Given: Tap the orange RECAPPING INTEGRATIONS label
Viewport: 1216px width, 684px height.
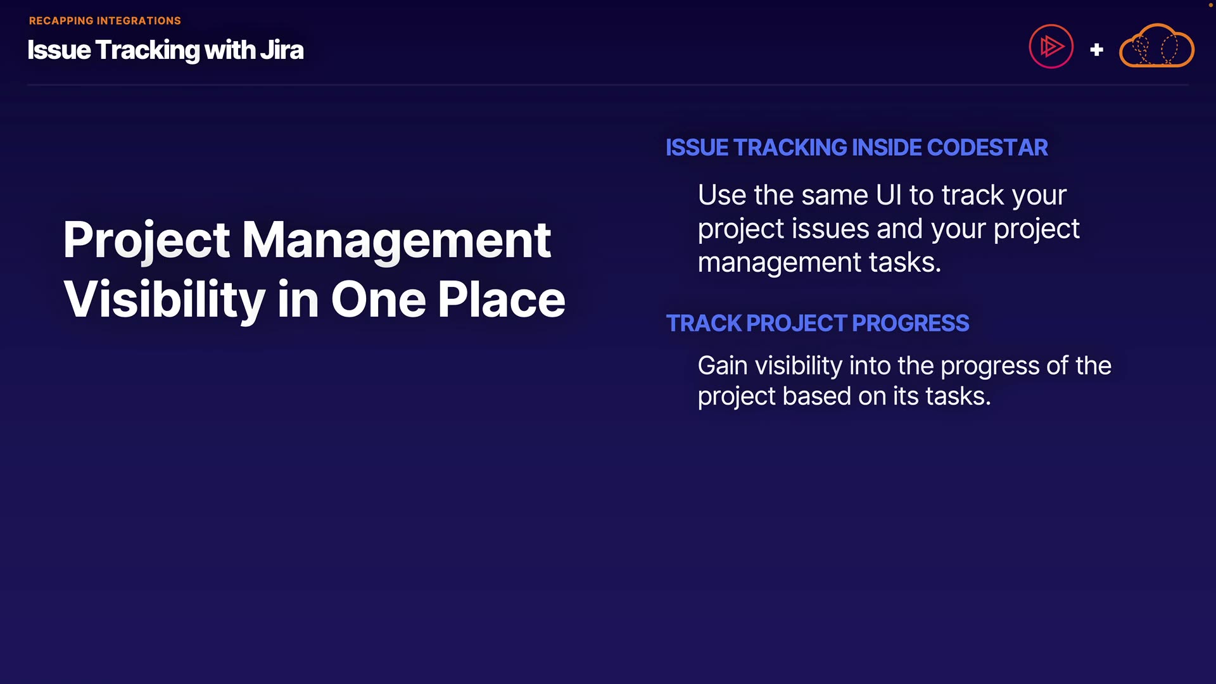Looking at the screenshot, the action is coord(105,21).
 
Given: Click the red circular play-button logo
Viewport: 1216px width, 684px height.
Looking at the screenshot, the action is coord(1051,46).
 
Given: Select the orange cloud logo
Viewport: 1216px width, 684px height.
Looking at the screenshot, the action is coord(1156,46).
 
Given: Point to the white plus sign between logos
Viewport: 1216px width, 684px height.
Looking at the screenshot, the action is coord(1097,49).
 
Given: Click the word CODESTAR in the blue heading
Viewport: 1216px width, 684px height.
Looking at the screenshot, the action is coord(987,148).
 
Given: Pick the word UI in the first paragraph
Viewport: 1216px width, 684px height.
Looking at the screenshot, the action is coord(889,195).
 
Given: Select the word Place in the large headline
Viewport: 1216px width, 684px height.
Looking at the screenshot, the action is coord(501,300).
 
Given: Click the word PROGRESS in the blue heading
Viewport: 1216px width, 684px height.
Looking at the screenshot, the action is coord(911,324).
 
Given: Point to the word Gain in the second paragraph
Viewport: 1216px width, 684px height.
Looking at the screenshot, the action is coord(723,366).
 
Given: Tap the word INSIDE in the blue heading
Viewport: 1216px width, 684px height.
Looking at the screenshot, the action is coord(887,148).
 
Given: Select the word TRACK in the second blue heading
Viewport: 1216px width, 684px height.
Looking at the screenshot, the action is coord(704,324).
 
